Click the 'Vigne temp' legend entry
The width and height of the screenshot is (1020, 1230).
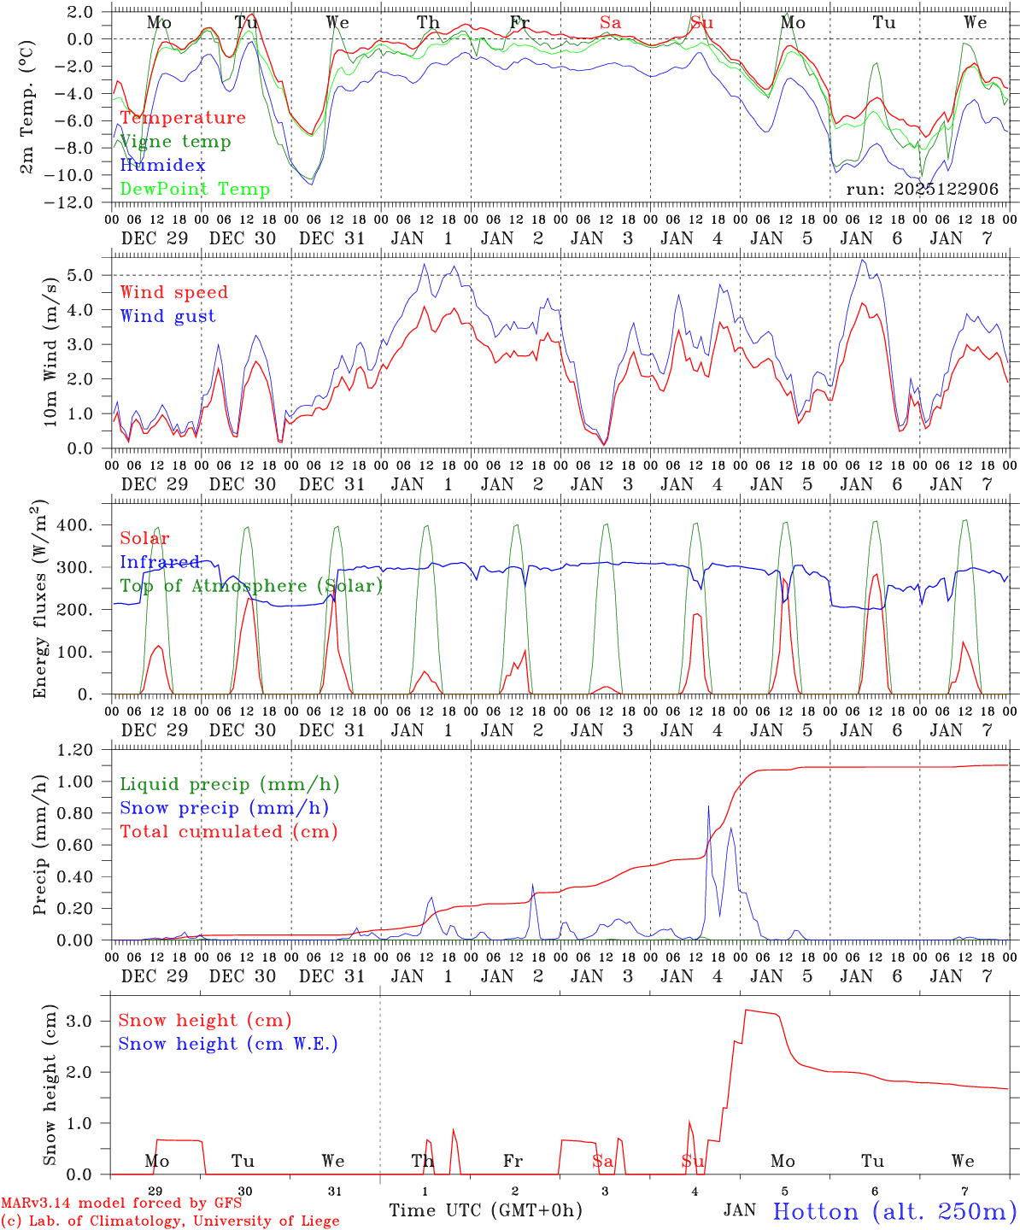pyautogui.click(x=175, y=142)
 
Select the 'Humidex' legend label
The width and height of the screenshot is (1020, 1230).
pyautogui.click(x=162, y=166)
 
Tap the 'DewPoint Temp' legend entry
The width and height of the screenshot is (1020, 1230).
pyautogui.click(x=195, y=190)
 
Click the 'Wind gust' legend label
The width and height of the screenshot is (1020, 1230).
pyautogui.click(x=167, y=316)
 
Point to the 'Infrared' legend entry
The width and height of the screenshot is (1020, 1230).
pyautogui.click(x=160, y=562)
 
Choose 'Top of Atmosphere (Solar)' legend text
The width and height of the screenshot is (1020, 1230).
pyautogui.click(x=251, y=586)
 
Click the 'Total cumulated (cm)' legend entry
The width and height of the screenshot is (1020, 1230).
pyautogui.click(x=228, y=832)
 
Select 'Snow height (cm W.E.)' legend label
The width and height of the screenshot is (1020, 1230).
pyautogui.click(x=228, y=1044)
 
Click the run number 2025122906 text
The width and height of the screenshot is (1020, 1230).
pyautogui.click(x=922, y=190)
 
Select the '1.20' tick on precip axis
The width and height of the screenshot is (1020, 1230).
pyautogui.click(x=75, y=750)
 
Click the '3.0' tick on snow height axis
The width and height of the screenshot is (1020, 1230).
pyautogui.click(x=79, y=1021)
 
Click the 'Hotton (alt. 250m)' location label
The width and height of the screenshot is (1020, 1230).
pyautogui.click(x=894, y=1211)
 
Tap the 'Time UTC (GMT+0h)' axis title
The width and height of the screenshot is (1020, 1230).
pyautogui.click(x=485, y=1210)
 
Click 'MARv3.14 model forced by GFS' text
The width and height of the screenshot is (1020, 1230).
pyautogui.click(x=121, y=1204)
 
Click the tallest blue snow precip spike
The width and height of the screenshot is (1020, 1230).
pyautogui.click(x=708, y=806)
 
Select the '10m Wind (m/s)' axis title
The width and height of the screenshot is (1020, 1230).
pyautogui.click(x=50, y=352)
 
